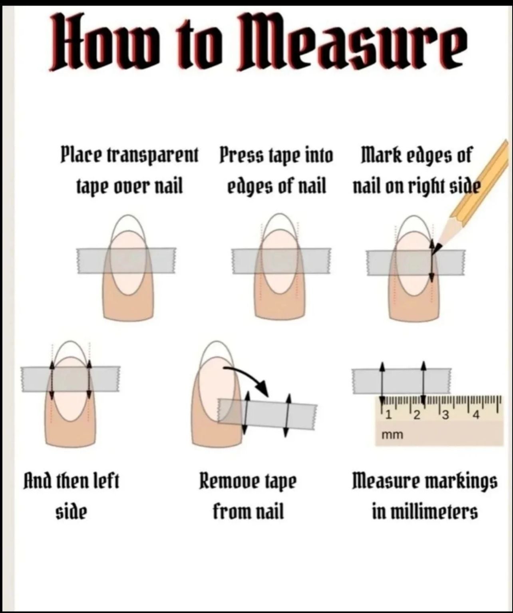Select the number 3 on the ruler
[445, 416]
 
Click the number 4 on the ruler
[476, 416]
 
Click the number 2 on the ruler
[417, 416]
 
